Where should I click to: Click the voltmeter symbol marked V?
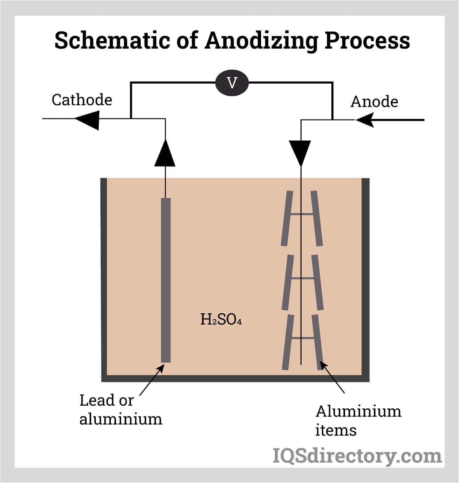tap(232, 83)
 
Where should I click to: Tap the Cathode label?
tap(82, 100)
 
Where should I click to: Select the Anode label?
tap(374, 101)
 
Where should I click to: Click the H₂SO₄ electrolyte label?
tap(221, 319)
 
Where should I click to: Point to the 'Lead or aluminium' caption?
tap(120, 410)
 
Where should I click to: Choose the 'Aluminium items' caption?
tap(358, 421)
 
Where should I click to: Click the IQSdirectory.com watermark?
tap(357, 456)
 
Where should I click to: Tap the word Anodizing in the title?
tap(261, 41)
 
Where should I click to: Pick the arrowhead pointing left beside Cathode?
tap(88, 120)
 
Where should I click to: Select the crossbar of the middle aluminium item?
tap(302, 278)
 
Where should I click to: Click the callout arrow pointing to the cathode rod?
tap(152, 380)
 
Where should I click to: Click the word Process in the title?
tap(367, 41)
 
